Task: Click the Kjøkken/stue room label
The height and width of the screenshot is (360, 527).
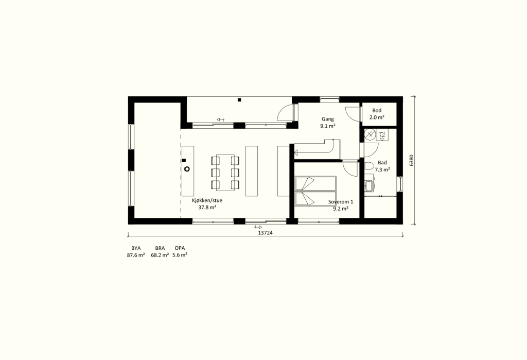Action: pyautogui.click(x=207, y=200)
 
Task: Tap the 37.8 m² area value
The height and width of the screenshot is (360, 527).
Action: pyautogui.click(x=207, y=208)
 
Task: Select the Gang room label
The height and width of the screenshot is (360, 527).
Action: pyautogui.click(x=328, y=119)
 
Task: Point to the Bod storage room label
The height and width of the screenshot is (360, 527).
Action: pyautogui.click(x=377, y=110)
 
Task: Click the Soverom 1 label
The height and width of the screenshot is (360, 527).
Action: pyautogui.click(x=341, y=202)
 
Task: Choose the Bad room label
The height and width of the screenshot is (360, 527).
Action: pyautogui.click(x=382, y=163)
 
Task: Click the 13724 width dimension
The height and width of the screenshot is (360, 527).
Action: pyautogui.click(x=265, y=232)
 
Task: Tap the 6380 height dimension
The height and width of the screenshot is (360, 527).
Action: pyautogui.click(x=412, y=160)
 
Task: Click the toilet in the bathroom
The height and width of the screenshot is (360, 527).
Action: pyautogui.click(x=368, y=166)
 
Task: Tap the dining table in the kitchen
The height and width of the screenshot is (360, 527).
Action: pyautogui.click(x=225, y=173)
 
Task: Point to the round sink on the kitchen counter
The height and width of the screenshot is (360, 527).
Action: pyautogui.click(x=187, y=169)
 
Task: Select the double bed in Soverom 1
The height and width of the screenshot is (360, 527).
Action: pyautogui.click(x=315, y=191)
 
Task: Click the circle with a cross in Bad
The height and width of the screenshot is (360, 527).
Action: pyautogui.click(x=370, y=135)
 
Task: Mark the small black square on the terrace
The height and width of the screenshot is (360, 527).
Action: pyautogui.click(x=239, y=99)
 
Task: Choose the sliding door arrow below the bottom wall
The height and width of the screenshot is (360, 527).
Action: pyautogui.click(x=258, y=228)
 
